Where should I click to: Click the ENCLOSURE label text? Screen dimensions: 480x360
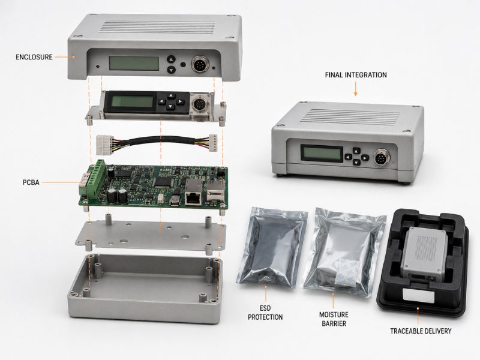point(34,57)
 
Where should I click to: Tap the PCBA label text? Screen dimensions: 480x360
point(31,182)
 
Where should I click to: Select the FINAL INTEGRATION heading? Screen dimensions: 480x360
point(356,75)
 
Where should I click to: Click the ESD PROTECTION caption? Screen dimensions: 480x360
point(265,313)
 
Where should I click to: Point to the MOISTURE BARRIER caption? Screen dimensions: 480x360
point(334,319)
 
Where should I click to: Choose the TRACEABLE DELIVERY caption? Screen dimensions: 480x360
point(421,331)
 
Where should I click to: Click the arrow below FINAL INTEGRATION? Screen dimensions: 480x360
point(355,89)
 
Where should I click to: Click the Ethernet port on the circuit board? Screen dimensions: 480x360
point(193,199)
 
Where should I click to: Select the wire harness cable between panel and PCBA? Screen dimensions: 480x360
point(157,143)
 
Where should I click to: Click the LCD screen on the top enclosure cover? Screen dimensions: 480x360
point(134,63)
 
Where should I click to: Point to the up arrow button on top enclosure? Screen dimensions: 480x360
point(172,59)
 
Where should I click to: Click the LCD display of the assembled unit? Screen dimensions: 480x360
point(322,153)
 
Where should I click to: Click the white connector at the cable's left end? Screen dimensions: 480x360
point(103,145)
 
